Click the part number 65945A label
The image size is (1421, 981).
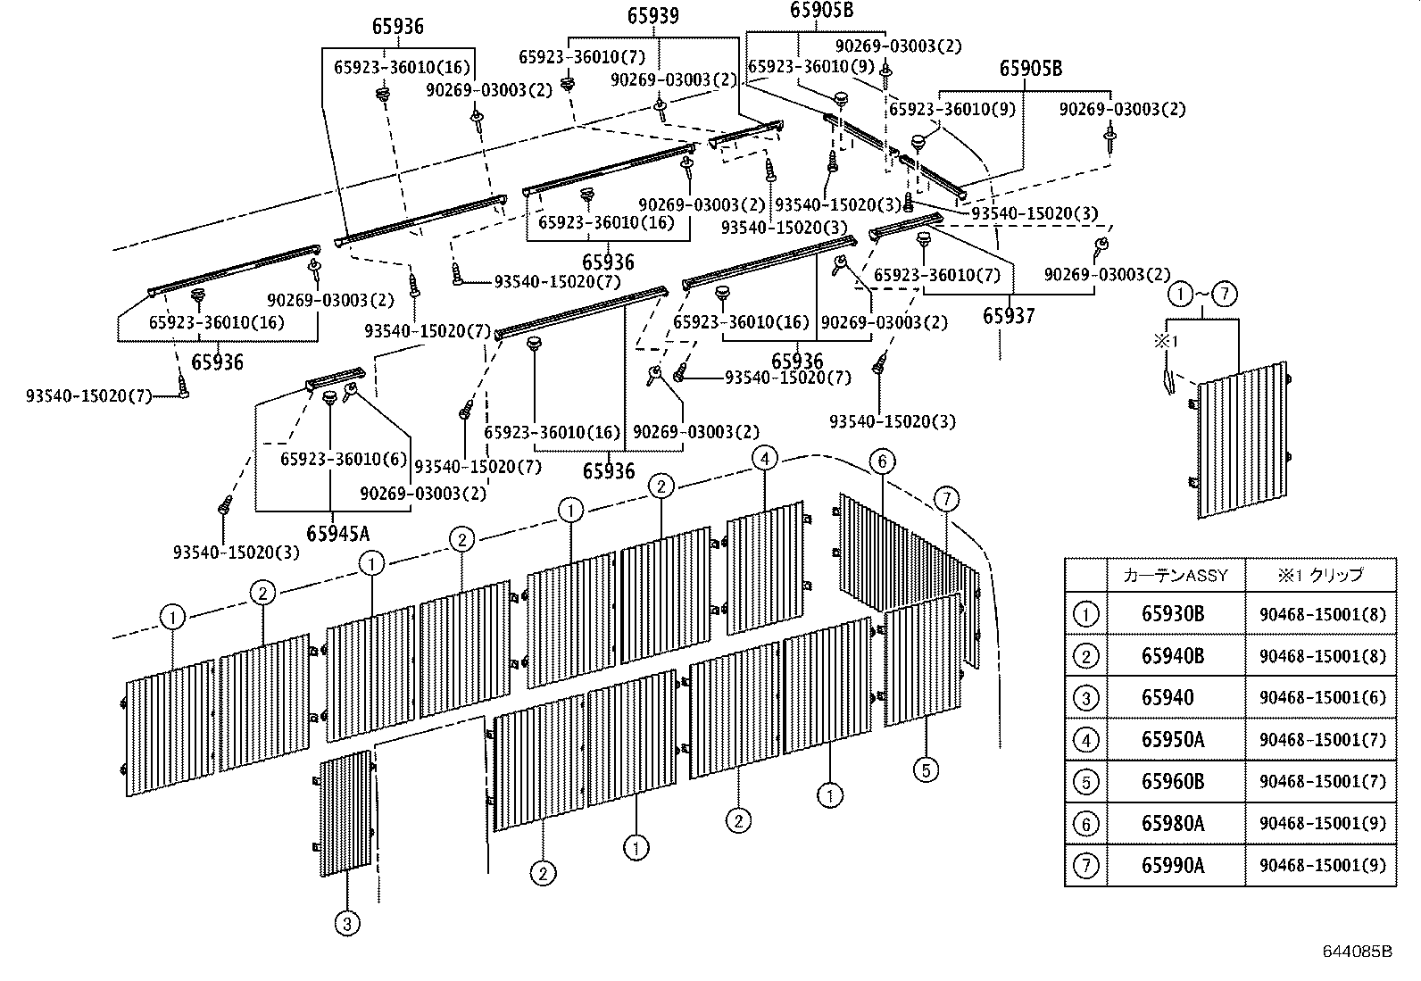[337, 534]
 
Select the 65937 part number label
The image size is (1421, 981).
[1009, 316]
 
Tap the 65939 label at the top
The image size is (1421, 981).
[652, 15]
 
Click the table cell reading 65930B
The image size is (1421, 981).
[1173, 613]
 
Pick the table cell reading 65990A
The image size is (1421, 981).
[1173, 865]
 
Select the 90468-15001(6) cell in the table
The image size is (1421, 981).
[1322, 698]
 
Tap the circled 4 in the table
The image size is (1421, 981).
[1085, 740]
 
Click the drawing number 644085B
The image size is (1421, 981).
[1357, 951]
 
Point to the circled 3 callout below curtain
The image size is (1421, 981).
[346, 924]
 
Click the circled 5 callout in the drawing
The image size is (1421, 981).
[927, 769]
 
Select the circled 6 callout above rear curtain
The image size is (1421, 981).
[881, 461]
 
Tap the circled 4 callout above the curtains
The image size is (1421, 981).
[764, 459]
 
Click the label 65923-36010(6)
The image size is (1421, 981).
[344, 459]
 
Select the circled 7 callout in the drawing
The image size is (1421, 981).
[947, 498]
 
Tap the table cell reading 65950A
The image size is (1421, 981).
[1173, 740]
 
